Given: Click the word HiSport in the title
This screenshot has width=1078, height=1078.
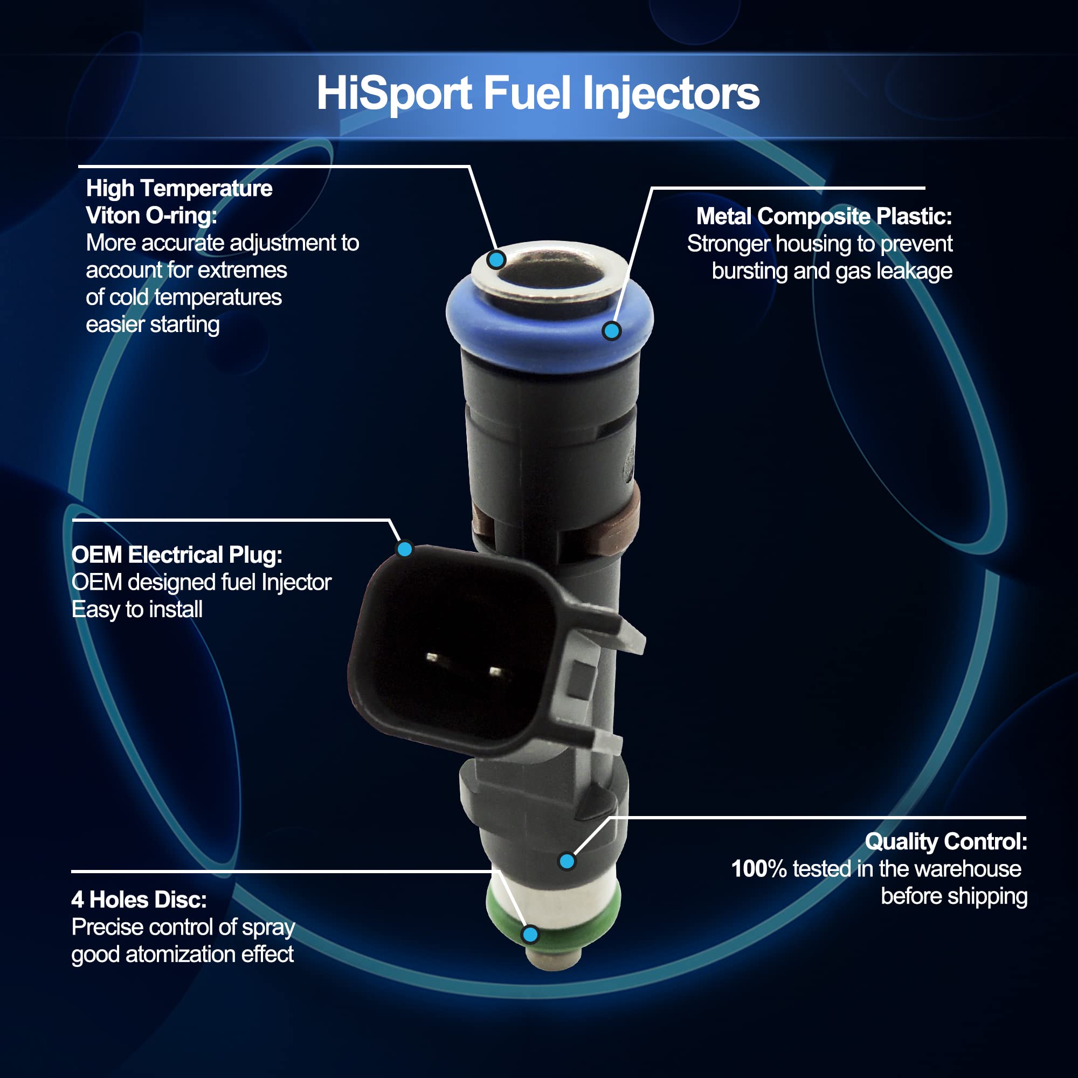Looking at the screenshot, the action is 395,93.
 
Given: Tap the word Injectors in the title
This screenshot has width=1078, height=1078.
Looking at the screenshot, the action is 671,93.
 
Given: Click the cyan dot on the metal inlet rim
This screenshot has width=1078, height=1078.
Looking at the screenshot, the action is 496,259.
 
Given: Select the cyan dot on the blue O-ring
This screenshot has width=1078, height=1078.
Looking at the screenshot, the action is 612,331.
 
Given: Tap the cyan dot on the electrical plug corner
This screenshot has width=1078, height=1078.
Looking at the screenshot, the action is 405,549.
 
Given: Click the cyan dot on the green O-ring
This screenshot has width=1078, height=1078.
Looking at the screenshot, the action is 530,934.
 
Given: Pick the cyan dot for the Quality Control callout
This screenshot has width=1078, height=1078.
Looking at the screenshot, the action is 567,861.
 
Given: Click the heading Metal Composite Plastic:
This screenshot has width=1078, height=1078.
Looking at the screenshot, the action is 824,217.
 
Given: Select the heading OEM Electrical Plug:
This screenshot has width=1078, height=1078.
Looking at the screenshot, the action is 177,555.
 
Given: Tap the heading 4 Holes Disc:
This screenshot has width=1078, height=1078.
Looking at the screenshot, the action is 139,900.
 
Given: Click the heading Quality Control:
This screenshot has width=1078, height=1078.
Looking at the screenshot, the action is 946,842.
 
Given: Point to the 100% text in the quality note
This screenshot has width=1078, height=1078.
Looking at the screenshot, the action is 759,869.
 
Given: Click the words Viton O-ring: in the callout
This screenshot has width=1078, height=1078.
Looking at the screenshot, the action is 151,216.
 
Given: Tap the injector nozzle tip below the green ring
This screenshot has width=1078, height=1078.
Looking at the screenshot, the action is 554,957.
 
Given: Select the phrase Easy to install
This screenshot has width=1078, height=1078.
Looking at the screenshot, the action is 137,610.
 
